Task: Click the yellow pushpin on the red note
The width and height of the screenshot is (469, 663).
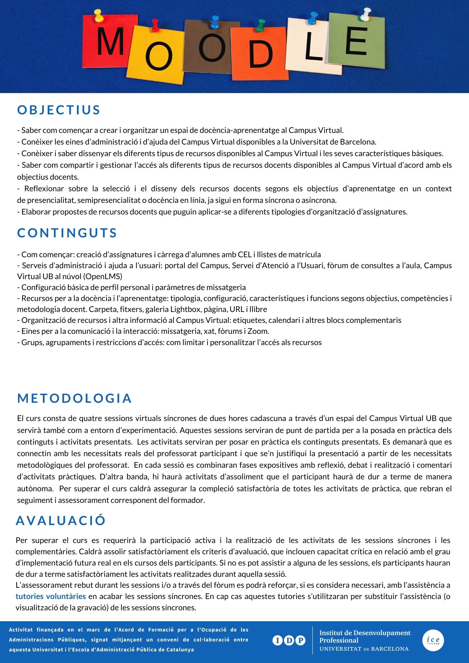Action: (99, 15)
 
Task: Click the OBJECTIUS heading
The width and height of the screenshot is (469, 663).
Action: (59, 110)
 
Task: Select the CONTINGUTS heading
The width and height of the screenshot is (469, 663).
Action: (67, 233)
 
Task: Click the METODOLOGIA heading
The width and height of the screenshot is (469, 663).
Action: (75, 398)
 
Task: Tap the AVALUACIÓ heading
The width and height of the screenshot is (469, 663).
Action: (61, 520)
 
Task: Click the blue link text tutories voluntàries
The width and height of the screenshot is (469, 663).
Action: (51, 596)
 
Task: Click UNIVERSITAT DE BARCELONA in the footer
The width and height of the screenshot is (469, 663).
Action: (364, 649)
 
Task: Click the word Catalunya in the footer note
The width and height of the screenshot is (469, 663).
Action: (179, 650)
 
